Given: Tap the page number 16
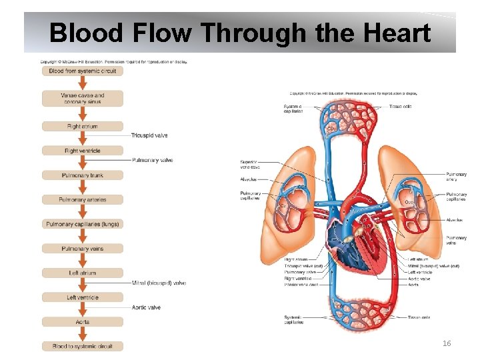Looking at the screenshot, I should click(x=446, y=343).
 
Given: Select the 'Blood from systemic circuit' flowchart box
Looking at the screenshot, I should click(x=83, y=71).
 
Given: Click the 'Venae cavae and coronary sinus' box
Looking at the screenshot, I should click(x=83, y=99).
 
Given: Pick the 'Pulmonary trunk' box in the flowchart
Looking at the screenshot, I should click(x=83, y=175).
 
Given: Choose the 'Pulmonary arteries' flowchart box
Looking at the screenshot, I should click(x=83, y=199).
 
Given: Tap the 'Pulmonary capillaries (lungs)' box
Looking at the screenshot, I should click(x=83, y=224).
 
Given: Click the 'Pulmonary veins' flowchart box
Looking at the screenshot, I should click(x=83, y=249).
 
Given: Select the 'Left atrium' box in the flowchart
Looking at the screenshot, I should click(x=83, y=273).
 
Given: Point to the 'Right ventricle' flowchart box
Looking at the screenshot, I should click(x=83, y=151).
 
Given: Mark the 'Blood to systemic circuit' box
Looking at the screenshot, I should click(x=83, y=346).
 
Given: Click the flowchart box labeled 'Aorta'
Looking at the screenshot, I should click(x=83, y=322).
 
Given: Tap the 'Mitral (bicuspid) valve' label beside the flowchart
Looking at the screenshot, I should click(x=159, y=283).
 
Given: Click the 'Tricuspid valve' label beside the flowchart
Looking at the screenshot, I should click(x=149, y=135).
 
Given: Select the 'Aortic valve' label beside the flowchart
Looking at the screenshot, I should click(x=146, y=307).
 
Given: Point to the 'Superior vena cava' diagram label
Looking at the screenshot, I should click(x=249, y=164).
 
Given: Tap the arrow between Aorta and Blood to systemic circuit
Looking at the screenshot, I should click(x=83, y=334).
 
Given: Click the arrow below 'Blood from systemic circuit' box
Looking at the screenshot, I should click(x=83, y=83).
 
